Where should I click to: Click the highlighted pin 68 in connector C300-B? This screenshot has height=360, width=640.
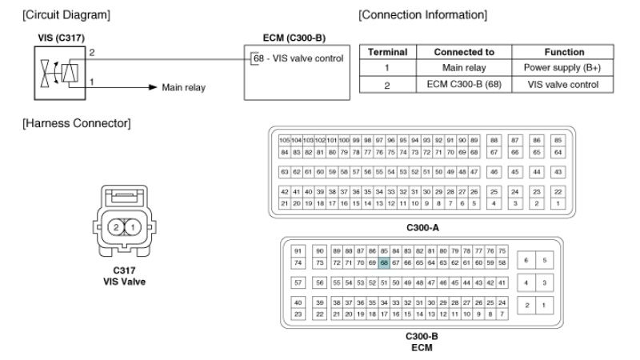385,262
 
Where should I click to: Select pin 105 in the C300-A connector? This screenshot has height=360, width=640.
284,139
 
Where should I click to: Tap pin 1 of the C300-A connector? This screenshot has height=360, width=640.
558,204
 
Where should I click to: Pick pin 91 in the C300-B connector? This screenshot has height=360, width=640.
298,251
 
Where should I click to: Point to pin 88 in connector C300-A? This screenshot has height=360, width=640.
494,139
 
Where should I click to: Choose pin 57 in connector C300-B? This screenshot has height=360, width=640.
298,283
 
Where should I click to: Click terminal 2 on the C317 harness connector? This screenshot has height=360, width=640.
116,228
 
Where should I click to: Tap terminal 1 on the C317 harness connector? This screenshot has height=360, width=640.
134,228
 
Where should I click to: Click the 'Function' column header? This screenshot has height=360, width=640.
565,52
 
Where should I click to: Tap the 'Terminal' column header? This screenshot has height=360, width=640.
388,52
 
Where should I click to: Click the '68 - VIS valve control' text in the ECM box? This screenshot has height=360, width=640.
298,58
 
